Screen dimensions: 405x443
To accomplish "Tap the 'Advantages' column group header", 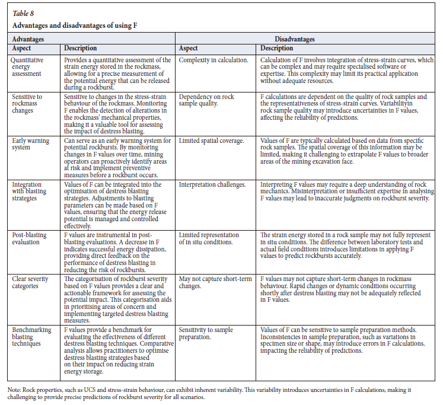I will click(28, 39).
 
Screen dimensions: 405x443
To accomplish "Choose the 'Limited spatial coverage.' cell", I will click(211, 141).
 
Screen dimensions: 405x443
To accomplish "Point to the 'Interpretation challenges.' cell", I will click(213, 185).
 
